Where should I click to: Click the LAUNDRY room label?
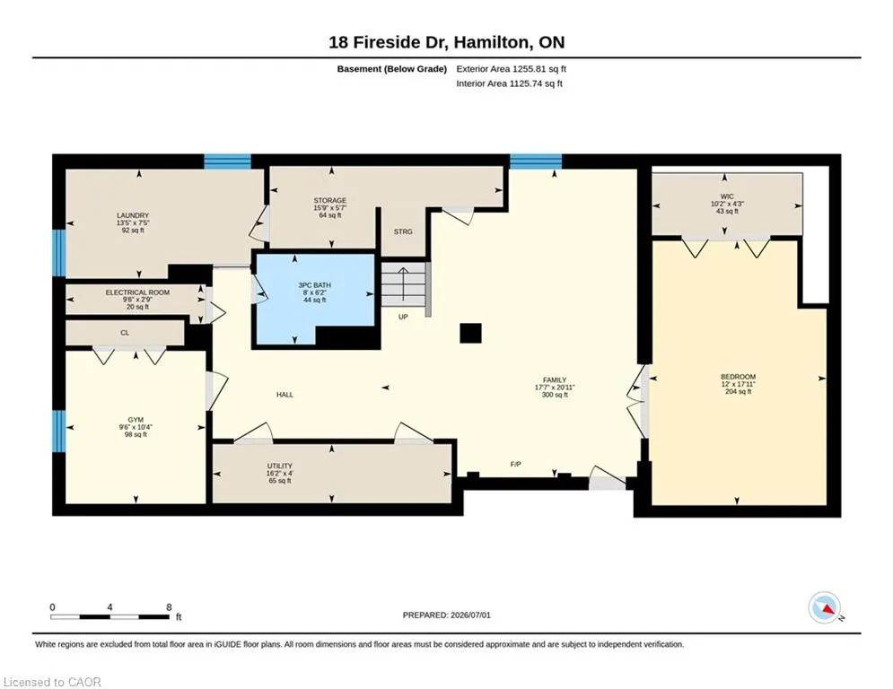(133, 215)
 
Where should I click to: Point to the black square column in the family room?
(470, 333)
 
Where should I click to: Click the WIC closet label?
(727, 196)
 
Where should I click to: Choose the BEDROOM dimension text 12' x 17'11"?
(738, 384)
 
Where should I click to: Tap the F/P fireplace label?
(515, 464)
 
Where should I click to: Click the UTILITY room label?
(280, 466)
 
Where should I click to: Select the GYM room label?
(136, 420)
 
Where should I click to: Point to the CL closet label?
(125, 333)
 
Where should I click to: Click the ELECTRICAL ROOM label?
(137, 292)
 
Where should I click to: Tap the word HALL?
(285, 395)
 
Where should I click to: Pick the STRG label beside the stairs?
(403, 231)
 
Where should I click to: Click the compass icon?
(824, 608)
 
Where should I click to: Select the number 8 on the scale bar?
(169, 607)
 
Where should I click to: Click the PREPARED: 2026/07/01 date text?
(447, 615)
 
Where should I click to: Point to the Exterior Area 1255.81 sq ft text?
(511, 69)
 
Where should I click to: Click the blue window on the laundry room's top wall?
(227, 161)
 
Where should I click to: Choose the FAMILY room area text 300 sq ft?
(555, 395)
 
